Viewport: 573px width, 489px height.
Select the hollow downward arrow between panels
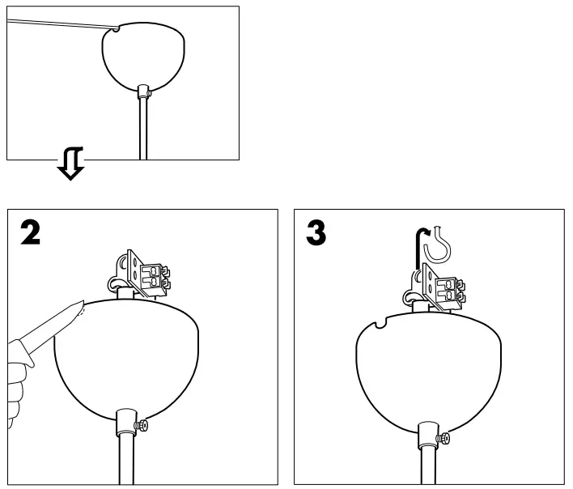click(70, 168)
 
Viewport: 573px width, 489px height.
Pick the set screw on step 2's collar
click(143, 425)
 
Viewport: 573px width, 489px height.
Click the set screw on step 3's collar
click(444, 439)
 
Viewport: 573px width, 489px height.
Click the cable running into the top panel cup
click(57, 25)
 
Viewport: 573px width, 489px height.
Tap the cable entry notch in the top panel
click(117, 30)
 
